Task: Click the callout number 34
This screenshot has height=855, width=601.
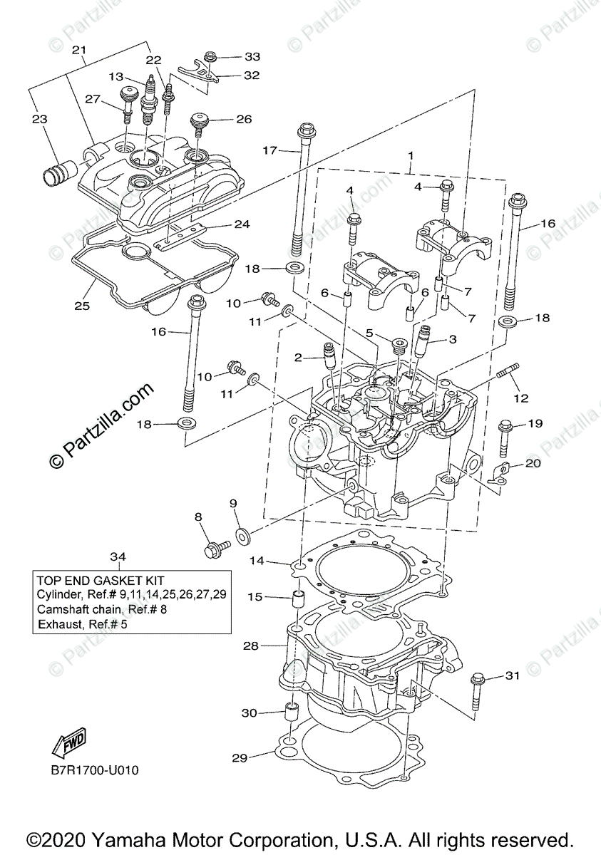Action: click(118, 556)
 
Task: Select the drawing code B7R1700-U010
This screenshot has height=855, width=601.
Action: click(94, 770)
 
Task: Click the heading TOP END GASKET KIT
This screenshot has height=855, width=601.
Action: click(100, 581)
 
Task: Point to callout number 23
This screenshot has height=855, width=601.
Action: click(39, 120)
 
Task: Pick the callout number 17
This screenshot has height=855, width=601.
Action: click(269, 150)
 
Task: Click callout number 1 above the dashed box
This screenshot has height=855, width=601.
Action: click(411, 155)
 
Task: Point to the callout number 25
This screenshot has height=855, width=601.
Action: click(82, 306)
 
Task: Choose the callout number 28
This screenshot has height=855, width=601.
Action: click(250, 646)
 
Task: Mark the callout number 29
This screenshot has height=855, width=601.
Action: click(240, 758)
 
